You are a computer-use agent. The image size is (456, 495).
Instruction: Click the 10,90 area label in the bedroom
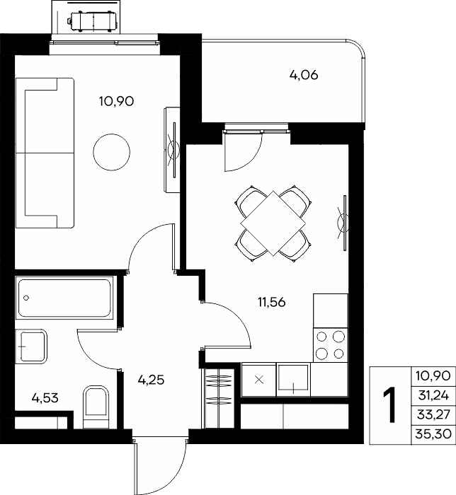pos(116,101)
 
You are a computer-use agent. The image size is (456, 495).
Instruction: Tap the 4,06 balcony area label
pos(304,76)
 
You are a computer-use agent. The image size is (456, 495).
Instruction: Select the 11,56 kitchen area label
pos(272,302)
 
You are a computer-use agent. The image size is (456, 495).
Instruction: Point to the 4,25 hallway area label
pos(151,380)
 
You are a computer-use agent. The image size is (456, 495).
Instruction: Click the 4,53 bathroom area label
pos(45,398)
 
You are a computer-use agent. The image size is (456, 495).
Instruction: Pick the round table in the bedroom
pos(112,152)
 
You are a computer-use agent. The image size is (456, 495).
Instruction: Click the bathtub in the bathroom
pos(65,298)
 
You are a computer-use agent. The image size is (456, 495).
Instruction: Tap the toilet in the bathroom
pos(96,407)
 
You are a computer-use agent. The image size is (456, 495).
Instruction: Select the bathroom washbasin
pos(31,346)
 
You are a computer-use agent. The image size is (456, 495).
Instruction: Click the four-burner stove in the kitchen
pos(330,345)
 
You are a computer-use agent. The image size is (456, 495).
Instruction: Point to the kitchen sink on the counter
pos(294,380)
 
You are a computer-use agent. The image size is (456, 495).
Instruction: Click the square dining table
pos(273,223)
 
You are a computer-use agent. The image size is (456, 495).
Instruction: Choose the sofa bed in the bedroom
pos(45,153)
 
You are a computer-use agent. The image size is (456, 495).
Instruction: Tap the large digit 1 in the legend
pos(390,405)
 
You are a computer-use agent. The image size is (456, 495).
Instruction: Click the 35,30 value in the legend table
pos(433,434)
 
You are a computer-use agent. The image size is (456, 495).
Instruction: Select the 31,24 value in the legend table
pos(433,395)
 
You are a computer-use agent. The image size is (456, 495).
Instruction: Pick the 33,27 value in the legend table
pos(433,414)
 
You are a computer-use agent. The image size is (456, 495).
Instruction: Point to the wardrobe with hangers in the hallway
pos(219,397)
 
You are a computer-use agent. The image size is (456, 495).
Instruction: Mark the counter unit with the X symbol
pos(259,380)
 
